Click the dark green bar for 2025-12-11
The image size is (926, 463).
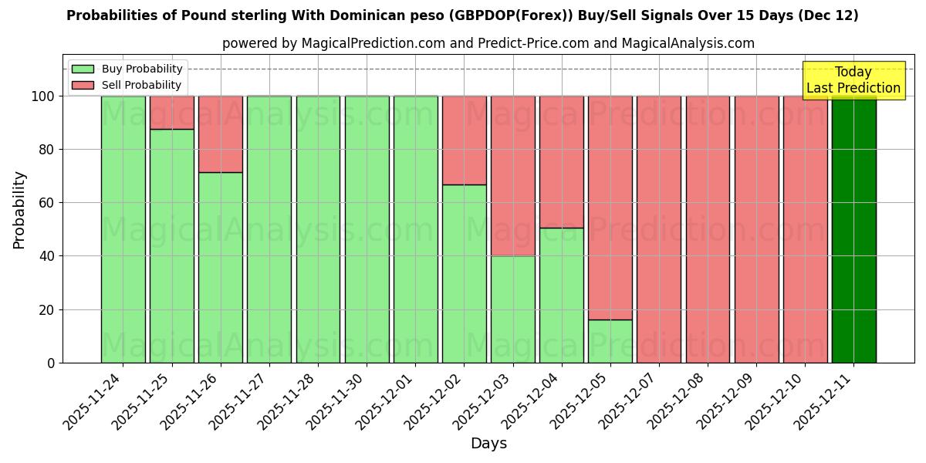click(853, 229)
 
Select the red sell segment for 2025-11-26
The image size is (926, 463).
click(221, 133)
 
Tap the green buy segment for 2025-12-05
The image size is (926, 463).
click(610, 341)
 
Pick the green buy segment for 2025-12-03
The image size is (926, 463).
click(513, 309)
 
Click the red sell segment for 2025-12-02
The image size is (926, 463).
click(465, 140)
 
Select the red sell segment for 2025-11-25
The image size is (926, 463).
click(172, 112)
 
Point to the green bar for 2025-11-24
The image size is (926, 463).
click(123, 229)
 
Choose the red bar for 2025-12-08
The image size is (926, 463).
click(708, 229)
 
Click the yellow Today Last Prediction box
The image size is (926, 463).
click(853, 80)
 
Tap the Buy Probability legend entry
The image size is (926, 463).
click(127, 69)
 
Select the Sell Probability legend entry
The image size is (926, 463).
click(127, 85)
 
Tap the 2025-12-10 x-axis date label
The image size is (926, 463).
click(772, 409)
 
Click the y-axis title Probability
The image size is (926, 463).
click(19, 209)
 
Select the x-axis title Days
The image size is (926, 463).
click(488, 444)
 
